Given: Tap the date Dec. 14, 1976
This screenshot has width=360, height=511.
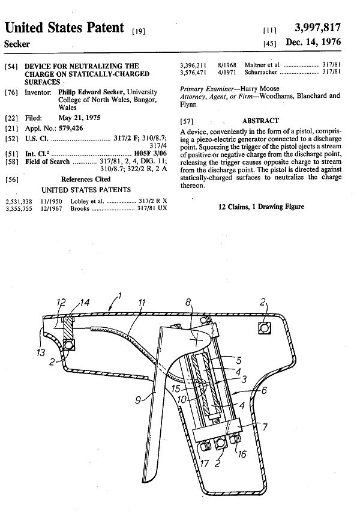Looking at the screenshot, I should (x=317, y=43).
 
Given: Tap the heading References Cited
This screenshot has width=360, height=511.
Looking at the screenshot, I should (x=86, y=179).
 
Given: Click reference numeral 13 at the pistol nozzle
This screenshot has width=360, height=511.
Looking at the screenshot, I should (x=40, y=352).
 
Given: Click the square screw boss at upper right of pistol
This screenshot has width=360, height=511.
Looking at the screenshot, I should (x=263, y=327).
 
